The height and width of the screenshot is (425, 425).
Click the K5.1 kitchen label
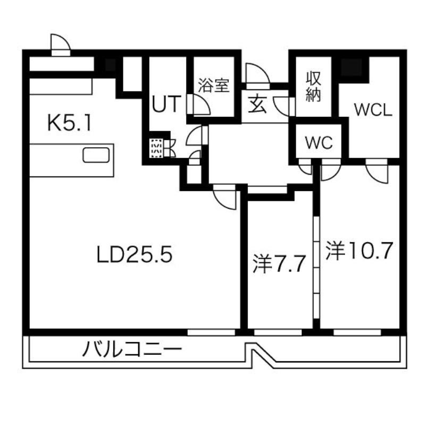pyautogui.click(x=69, y=123)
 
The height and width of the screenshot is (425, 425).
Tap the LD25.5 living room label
pyautogui.click(x=135, y=255)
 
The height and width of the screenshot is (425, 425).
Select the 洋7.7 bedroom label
pyautogui.click(x=279, y=263)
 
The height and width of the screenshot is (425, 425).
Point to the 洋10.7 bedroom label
pyautogui.click(x=360, y=251)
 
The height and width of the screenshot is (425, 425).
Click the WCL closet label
pyautogui.click(x=373, y=110)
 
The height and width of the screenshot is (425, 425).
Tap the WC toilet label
pyautogui.click(x=319, y=142)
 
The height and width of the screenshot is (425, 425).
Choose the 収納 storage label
pyautogui.click(x=313, y=87)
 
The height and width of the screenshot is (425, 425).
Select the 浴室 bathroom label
pyautogui.click(x=214, y=85)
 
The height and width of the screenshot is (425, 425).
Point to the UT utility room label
pyautogui.click(x=166, y=104)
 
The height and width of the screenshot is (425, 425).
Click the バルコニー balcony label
pyautogui.click(x=132, y=350)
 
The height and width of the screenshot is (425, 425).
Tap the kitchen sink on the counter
pyautogui.click(x=96, y=155)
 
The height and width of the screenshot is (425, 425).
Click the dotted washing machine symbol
pyautogui.click(x=156, y=148)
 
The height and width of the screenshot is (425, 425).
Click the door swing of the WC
pyautogui.click(x=305, y=166)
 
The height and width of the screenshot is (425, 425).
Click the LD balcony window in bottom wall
pyautogui.click(x=211, y=332)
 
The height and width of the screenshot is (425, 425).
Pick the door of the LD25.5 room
pyautogui.click(x=224, y=197)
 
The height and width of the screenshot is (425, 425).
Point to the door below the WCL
pyautogui.click(x=377, y=171)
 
